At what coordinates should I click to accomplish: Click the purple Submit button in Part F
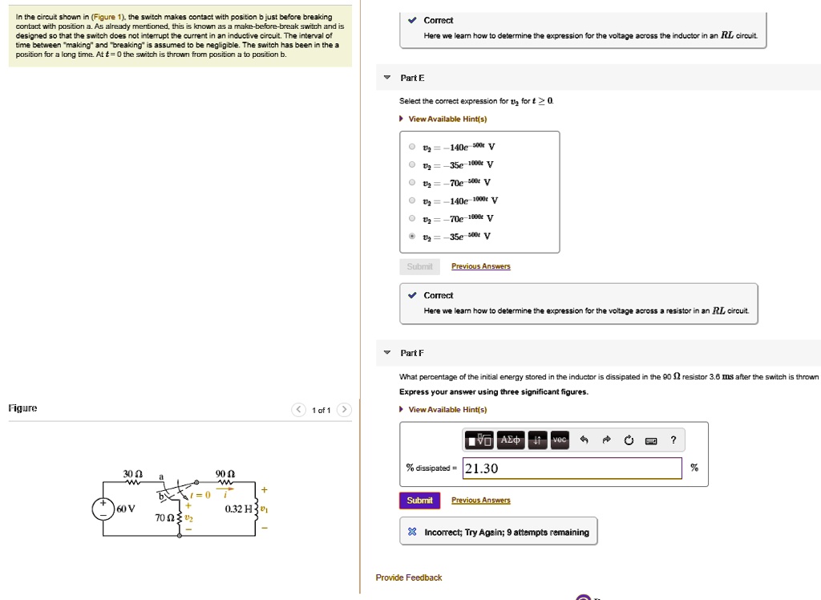pos(419,501)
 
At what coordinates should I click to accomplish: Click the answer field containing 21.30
pos(571,468)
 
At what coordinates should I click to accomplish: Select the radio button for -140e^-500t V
pos(412,148)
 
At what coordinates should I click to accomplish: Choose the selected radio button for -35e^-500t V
pos(412,236)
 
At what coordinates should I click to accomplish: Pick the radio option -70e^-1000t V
pos(412,218)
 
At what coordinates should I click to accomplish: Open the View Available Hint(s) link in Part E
pos(447,120)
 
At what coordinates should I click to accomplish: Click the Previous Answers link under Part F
pos(480,501)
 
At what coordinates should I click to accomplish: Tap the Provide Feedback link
pos(408,578)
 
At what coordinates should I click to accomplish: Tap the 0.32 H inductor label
pos(239,509)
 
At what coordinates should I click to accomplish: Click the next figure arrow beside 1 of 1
pos(343,410)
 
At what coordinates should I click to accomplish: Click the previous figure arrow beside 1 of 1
pos(298,410)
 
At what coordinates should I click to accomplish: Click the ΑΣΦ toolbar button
pos(510,440)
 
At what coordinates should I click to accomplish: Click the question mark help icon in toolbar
pos(673,440)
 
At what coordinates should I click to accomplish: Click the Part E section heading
pos(412,78)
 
